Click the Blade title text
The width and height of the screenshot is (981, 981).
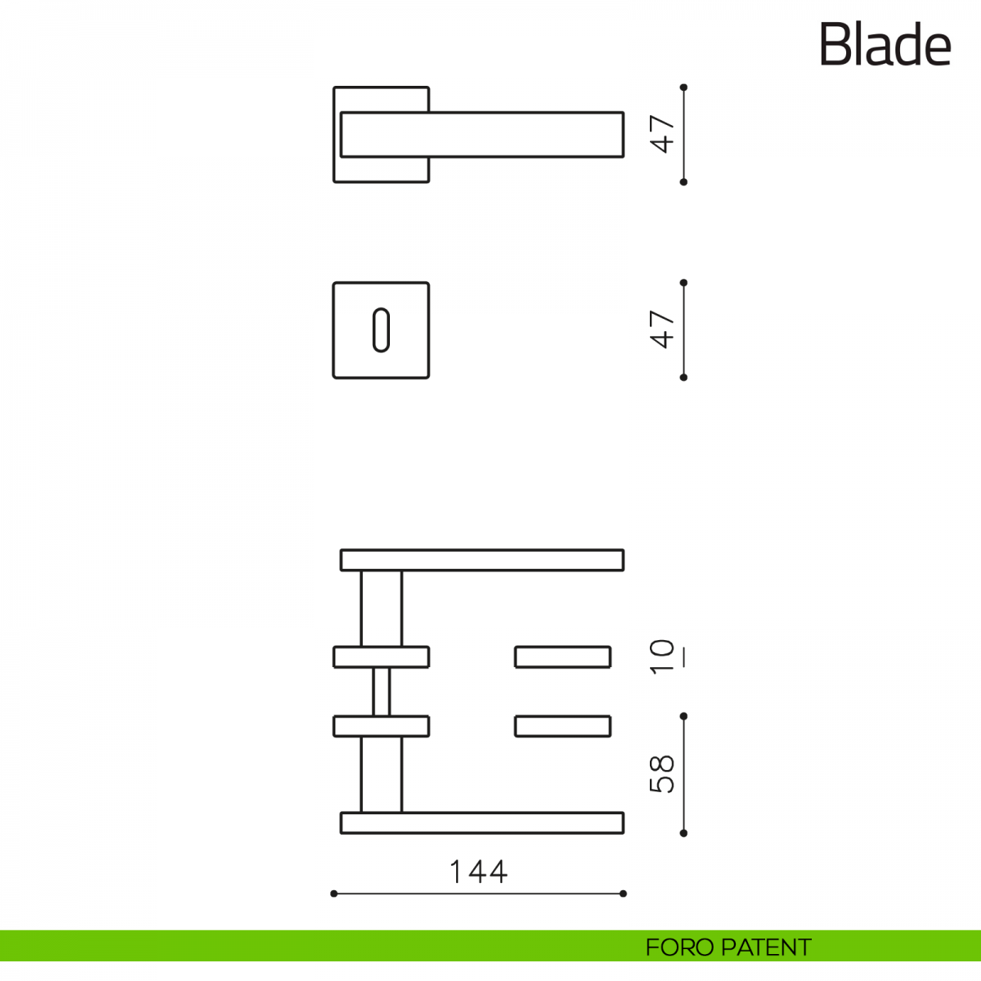click(885, 44)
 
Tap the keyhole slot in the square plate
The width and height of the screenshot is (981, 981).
click(381, 330)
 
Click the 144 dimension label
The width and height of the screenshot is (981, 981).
click(478, 872)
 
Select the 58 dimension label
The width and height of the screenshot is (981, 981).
click(662, 774)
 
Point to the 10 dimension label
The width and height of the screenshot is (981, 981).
click(662, 657)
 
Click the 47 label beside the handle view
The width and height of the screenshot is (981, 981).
click(662, 134)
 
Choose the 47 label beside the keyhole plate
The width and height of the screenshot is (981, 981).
click(662, 329)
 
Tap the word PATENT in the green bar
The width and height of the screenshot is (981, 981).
click(766, 947)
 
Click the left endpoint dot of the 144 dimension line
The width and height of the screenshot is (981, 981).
click(334, 907)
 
